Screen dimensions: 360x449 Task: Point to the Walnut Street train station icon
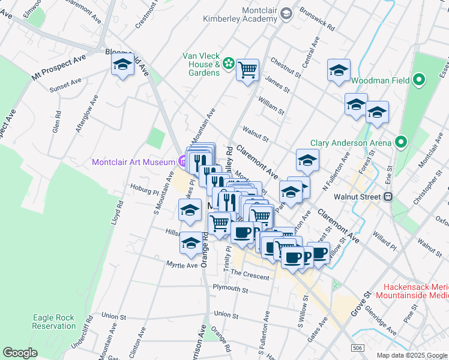point(388,196)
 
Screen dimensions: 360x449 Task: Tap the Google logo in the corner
point(20,353)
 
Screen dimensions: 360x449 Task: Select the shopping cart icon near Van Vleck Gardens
point(247,71)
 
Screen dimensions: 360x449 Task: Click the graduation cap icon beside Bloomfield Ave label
point(123,65)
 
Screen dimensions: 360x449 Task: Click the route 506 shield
point(358,347)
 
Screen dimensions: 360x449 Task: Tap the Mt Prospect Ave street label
point(59,68)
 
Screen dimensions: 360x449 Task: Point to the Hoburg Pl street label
point(143,189)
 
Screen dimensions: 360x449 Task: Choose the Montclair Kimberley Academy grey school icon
point(286,13)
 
